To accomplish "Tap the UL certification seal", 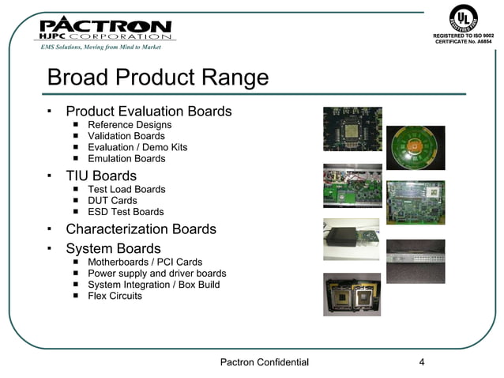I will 464,17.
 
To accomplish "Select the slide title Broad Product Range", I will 157,78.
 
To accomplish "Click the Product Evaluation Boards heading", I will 149,111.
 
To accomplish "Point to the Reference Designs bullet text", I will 130,125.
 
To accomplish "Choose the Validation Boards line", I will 126,136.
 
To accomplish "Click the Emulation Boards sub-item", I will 126,158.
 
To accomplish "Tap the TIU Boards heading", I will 101,176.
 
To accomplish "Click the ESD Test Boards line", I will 126,212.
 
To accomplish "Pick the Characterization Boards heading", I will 141,229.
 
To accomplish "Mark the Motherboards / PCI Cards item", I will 145,263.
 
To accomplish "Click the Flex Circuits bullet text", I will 115,296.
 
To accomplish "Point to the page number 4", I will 422,363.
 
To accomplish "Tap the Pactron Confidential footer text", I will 264,363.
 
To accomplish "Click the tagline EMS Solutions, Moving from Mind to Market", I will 101,47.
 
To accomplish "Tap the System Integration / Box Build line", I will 154,285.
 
